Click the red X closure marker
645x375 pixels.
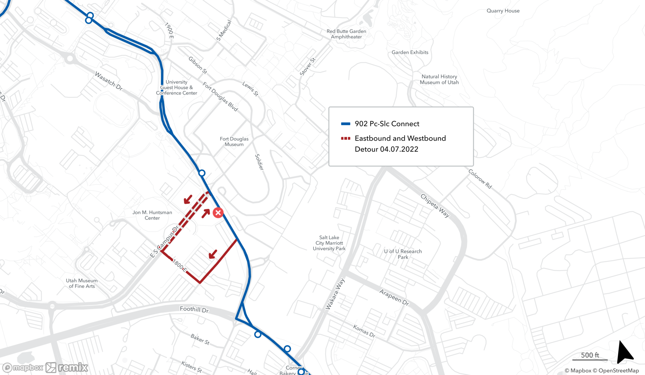[x=218, y=213]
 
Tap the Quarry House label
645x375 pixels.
[x=503, y=11]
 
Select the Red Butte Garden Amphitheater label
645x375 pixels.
[x=346, y=34]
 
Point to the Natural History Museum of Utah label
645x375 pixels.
[x=439, y=79]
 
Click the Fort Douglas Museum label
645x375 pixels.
[x=234, y=142]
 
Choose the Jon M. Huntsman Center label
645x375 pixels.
[x=152, y=215]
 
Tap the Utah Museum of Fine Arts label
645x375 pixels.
[x=82, y=283]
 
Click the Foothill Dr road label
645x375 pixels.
[x=194, y=309]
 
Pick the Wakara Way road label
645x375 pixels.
[x=335, y=294]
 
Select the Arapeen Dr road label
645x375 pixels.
[x=394, y=297]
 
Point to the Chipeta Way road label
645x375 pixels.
[x=435, y=206]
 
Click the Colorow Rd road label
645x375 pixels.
[x=480, y=179]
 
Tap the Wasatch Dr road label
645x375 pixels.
[x=109, y=81]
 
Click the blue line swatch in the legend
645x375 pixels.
[x=346, y=124]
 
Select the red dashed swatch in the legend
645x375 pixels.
[x=346, y=138]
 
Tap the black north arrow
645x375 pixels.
[x=624, y=352]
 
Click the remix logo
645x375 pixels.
[x=67, y=368]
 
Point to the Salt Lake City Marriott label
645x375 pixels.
[x=329, y=243]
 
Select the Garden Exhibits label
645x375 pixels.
[x=410, y=52]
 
